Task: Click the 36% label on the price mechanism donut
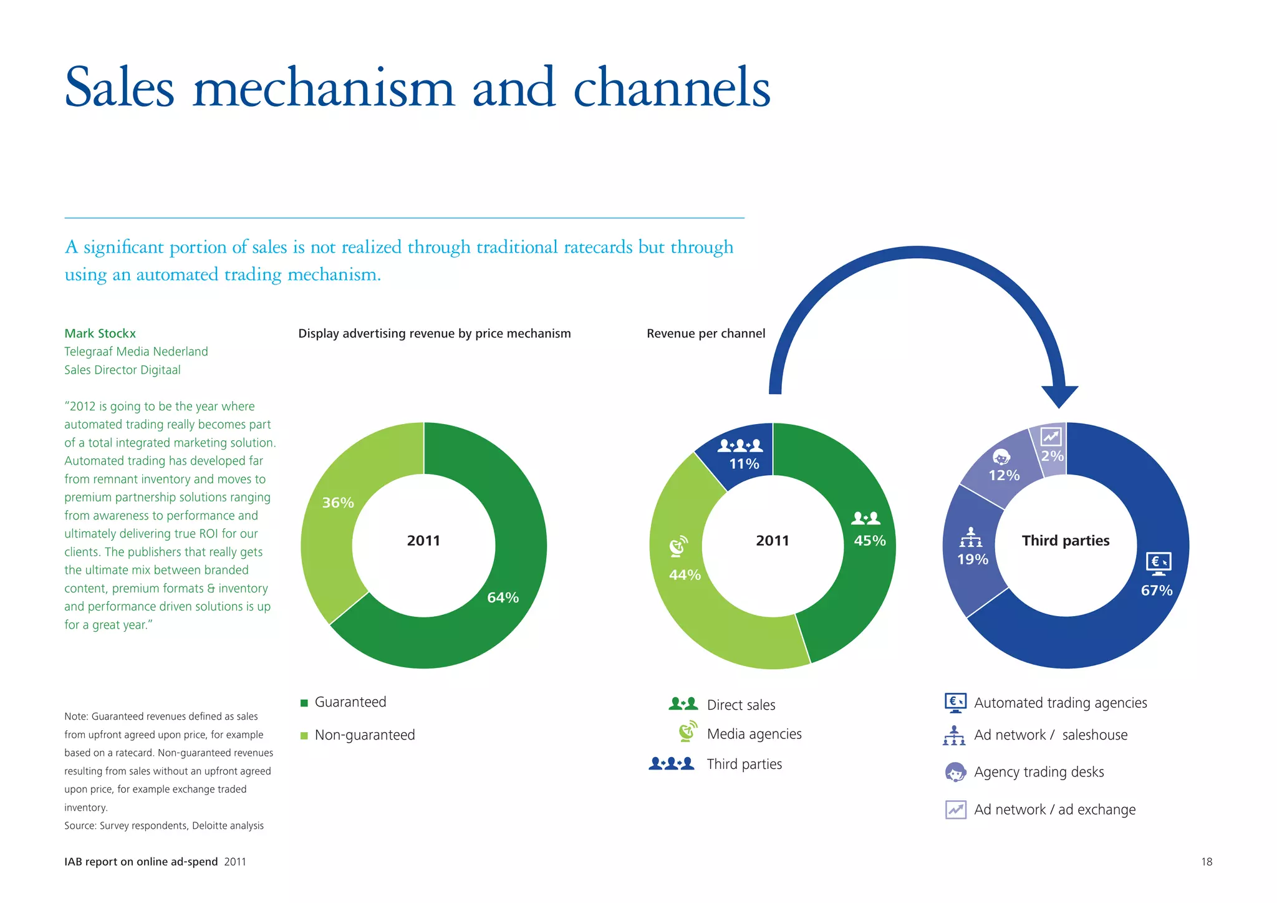tap(338, 503)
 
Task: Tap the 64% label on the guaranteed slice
tap(503, 597)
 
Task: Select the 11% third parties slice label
tap(744, 464)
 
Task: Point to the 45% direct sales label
tap(869, 541)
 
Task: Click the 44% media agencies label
tap(685, 575)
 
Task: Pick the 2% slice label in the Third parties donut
tap(1053, 456)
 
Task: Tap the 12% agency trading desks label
tap(1004, 476)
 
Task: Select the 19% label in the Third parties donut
tap(973, 559)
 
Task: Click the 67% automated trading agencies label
tap(1157, 591)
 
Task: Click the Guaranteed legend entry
tap(350, 702)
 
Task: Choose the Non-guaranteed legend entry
tap(364, 735)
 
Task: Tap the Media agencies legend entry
tap(754, 734)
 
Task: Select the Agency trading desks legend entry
tap(1038, 772)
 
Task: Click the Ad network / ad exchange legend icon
tap(955, 809)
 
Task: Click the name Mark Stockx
tap(100, 334)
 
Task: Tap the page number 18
tap(1207, 862)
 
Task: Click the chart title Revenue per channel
tap(706, 334)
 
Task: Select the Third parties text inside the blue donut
tap(1065, 541)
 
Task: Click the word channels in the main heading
tap(672, 89)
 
